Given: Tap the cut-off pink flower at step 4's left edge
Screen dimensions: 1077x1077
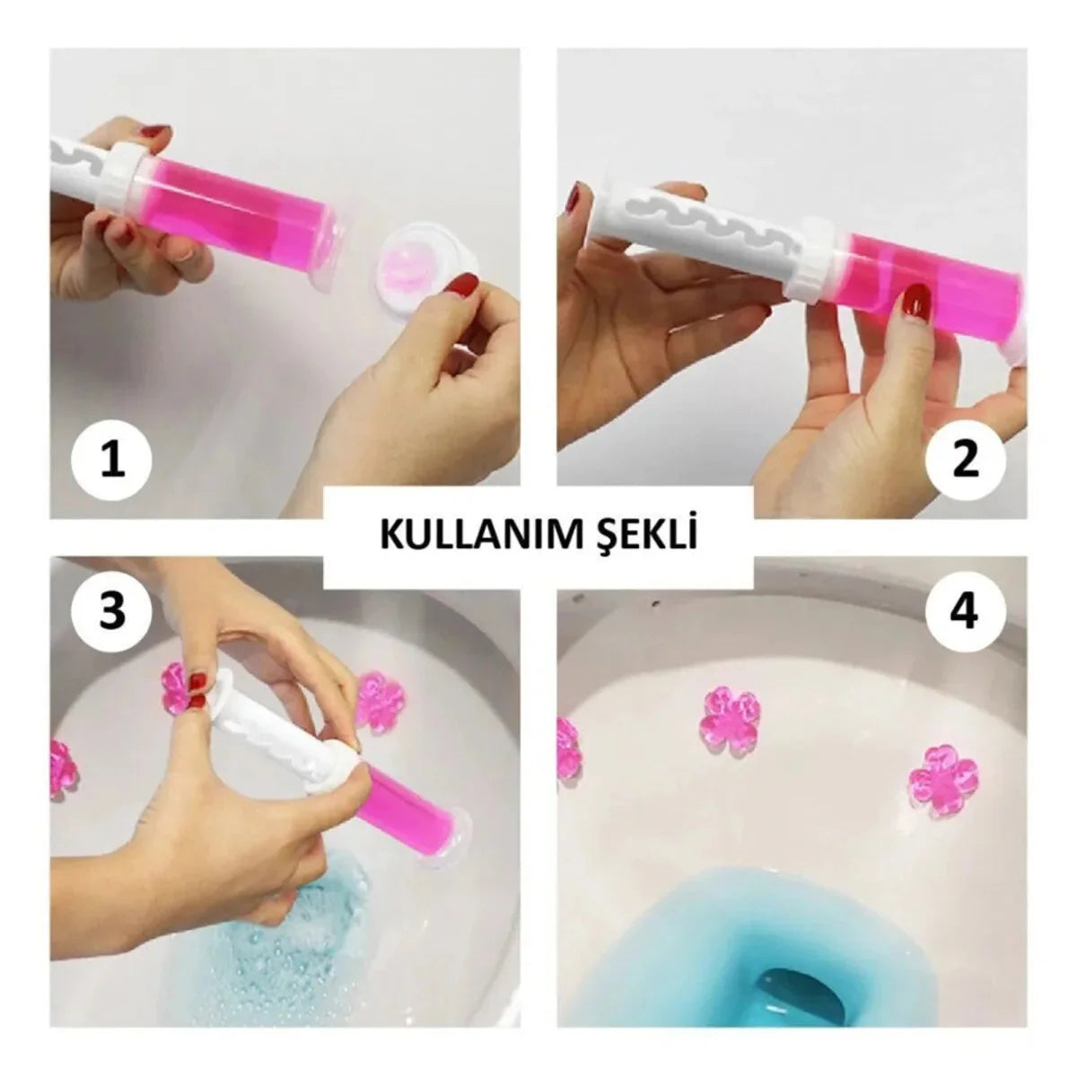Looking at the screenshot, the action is pos(569,745).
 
